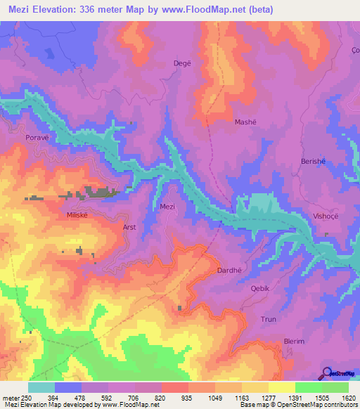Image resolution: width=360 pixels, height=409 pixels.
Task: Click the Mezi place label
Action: pos(167,207)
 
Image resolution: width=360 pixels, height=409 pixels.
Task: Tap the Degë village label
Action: pos(182,63)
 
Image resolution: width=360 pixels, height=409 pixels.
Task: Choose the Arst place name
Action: pos(129,228)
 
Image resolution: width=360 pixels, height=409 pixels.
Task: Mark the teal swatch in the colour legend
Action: pos(41,387)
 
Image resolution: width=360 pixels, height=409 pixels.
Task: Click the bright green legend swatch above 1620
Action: pos(335,387)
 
